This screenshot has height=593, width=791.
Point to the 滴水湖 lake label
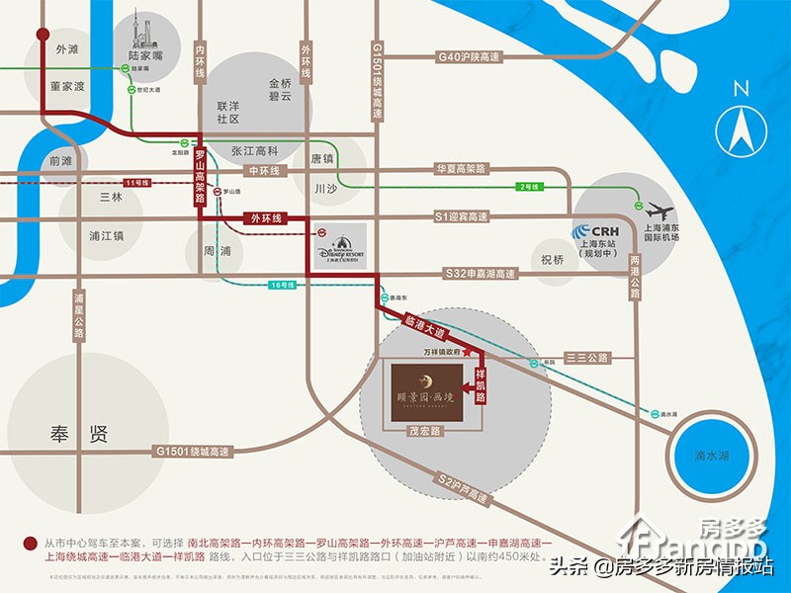pos(713,456)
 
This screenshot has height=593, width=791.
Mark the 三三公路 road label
pos(586,357)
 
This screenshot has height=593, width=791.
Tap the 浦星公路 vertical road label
pos(78,315)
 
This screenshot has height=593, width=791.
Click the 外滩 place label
pos(68,48)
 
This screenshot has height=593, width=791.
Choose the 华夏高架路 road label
pos(462,170)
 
